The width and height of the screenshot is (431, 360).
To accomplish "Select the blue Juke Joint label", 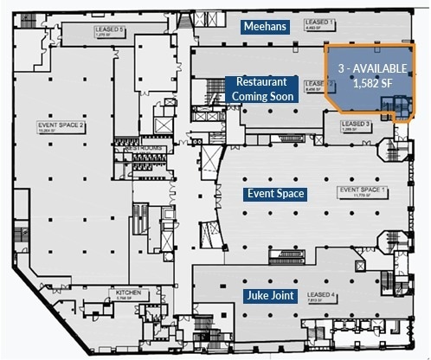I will click(270, 296).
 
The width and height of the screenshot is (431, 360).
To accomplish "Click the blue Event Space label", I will click(275, 194).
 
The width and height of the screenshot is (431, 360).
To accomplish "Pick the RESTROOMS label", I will click(142, 148).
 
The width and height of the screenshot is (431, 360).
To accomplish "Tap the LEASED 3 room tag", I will click(357, 125).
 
